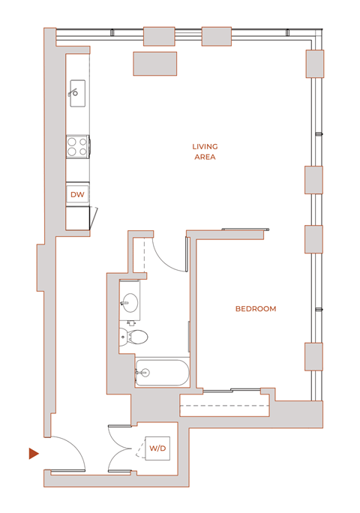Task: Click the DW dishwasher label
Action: pos(77,194)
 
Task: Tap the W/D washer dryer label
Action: pos(157,448)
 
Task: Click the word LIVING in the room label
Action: pos(205,147)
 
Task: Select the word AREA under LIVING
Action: pos(205,157)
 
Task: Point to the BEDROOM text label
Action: pos(256,309)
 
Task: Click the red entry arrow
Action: pos(33,453)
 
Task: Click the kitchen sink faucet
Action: pos(73,93)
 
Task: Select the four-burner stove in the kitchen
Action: pos(78,145)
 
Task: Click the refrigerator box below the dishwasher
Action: pos(78,218)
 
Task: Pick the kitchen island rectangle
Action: pos(155,64)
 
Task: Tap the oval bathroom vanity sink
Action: pos(130,304)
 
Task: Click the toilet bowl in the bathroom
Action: pos(137,337)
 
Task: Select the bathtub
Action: pos(162,372)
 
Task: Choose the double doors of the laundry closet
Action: pos(121,448)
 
